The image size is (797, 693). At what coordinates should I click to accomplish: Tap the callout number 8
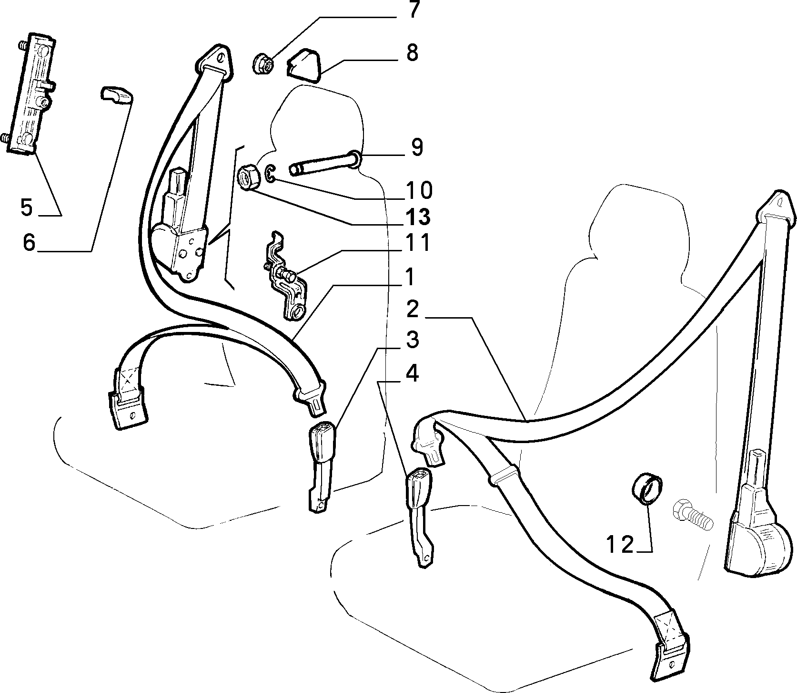coord(412,52)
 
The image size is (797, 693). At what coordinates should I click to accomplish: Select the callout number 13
coord(418,217)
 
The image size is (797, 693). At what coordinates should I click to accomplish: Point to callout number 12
coord(621,544)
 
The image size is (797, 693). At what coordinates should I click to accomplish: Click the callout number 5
coord(27,208)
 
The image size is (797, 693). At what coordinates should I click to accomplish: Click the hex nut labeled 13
coord(248,177)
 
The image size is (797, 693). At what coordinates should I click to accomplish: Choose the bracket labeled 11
coord(285,276)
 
